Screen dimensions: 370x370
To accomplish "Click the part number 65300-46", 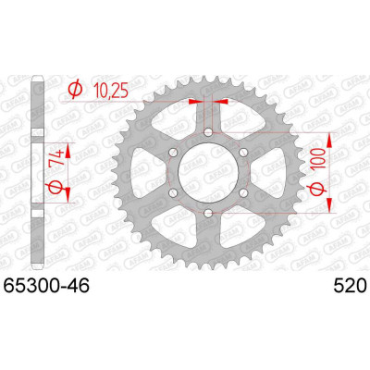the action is pos(46,286).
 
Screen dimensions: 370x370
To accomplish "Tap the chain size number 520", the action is pos(350,286).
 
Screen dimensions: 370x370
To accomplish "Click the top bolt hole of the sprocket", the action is pos(208,132).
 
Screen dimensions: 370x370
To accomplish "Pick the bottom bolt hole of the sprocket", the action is pos(208,212).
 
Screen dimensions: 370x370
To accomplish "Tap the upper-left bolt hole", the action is pos(174,153).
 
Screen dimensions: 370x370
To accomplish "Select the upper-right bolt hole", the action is pos(243,153).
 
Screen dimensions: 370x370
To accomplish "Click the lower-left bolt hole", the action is pos(174,192).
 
